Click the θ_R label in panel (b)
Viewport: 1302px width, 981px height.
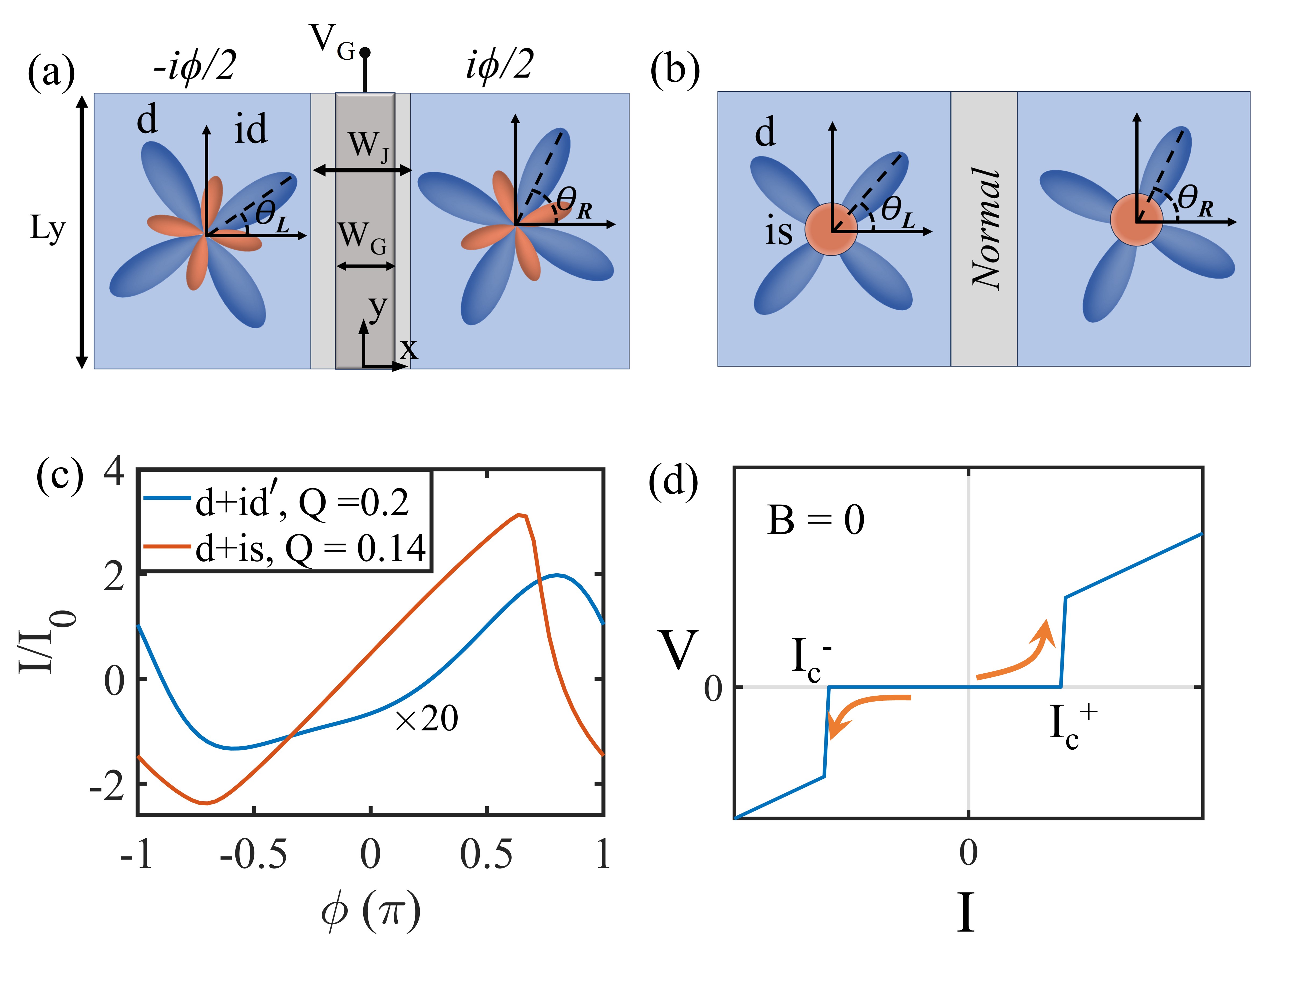pos(1195,200)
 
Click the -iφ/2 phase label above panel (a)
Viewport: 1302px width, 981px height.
pos(194,65)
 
